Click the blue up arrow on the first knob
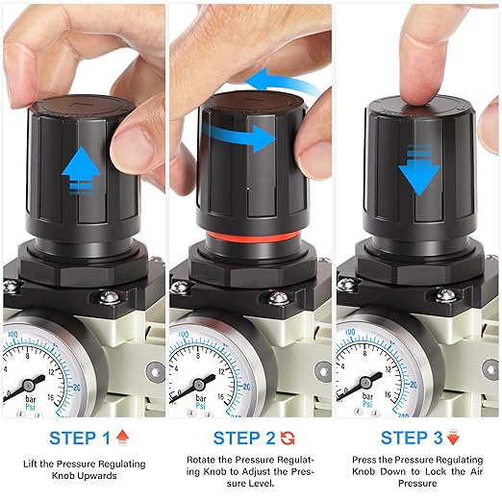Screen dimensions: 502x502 point(81,170)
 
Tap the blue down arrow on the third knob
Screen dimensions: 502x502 point(418,170)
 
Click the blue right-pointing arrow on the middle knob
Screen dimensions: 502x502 point(239,138)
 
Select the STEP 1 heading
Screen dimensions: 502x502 point(80,438)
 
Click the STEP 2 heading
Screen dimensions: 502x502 point(244,438)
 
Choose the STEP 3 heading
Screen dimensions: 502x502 point(412,438)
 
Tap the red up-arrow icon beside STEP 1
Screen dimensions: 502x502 point(122,438)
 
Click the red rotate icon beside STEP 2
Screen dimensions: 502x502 point(288,439)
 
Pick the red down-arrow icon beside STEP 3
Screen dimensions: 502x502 point(453,438)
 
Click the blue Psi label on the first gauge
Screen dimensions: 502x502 point(31,407)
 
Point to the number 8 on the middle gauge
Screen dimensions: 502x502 point(198,356)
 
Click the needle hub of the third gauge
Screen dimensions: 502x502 point(365,383)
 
